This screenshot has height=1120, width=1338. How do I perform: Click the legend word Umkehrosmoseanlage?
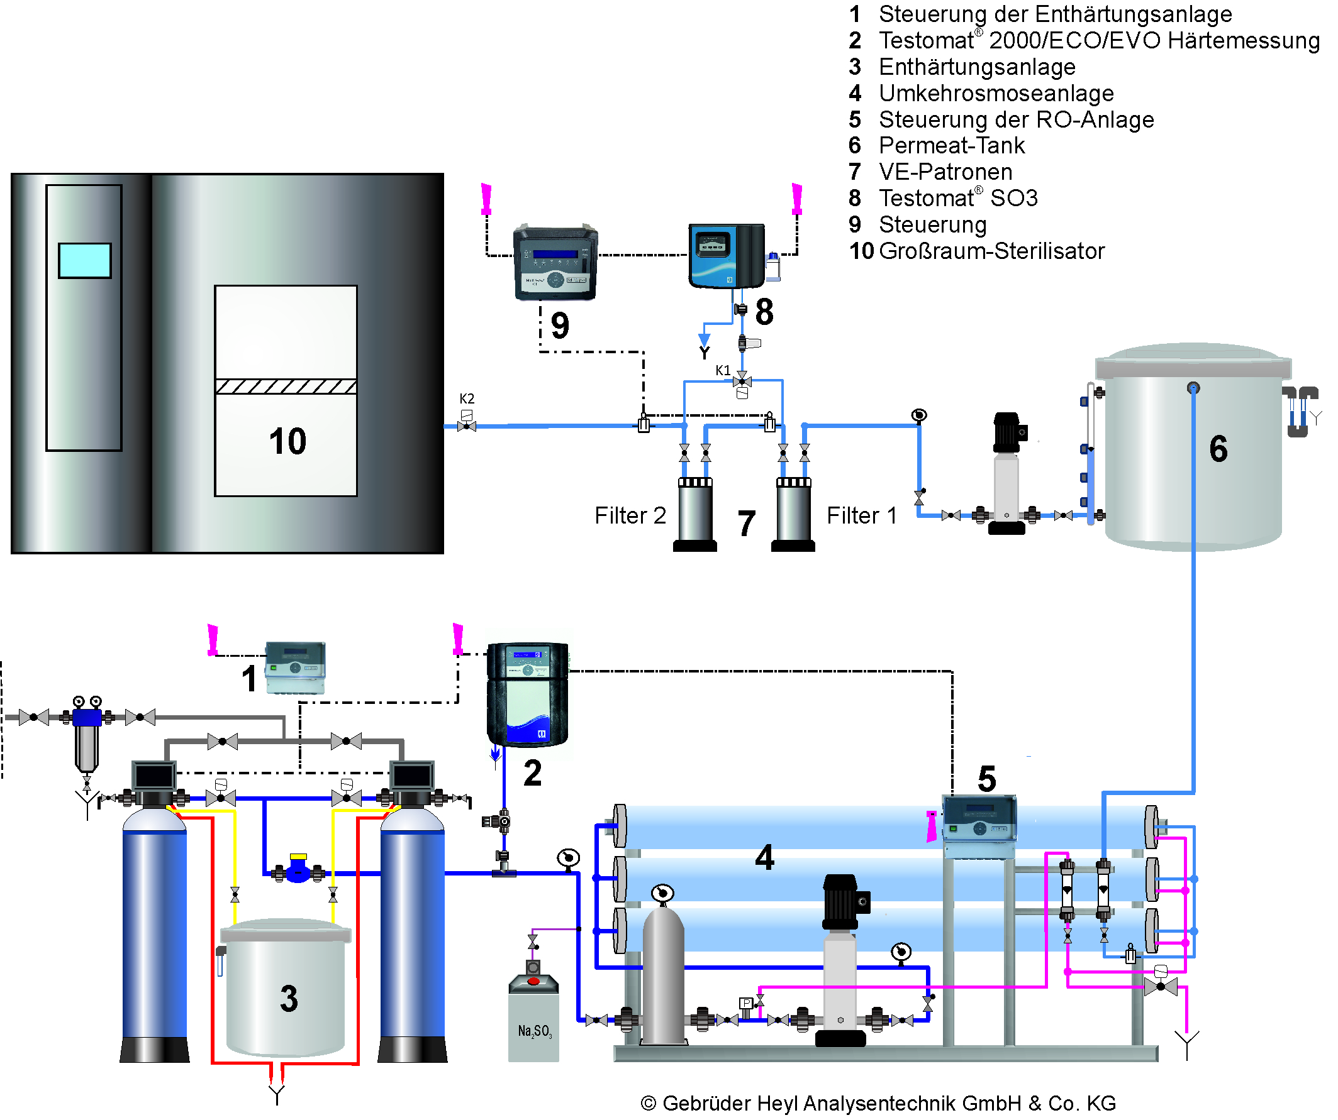(x=996, y=94)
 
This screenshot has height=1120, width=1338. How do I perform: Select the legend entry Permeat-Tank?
(x=951, y=146)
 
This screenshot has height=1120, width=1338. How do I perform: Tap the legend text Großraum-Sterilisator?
(x=991, y=251)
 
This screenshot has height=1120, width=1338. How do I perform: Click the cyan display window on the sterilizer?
(x=85, y=260)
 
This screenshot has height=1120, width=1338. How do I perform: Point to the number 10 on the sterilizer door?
(x=287, y=441)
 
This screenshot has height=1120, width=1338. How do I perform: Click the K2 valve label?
(x=466, y=398)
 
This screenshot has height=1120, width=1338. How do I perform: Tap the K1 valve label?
(x=723, y=371)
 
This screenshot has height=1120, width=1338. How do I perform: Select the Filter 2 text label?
(x=630, y=515)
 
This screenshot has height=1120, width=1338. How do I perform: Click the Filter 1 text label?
(x=861, y=515)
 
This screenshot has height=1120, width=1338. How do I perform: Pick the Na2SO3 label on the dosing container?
(x=535, y=1031)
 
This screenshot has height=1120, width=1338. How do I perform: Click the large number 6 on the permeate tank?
(x=1218, y=448)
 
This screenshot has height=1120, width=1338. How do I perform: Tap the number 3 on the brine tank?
(x=289, y=999)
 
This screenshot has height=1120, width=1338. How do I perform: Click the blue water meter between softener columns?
(x=298, y=870)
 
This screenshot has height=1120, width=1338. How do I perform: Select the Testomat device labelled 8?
(x=727, y=256)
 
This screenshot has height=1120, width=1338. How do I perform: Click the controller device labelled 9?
(x=555, y=262)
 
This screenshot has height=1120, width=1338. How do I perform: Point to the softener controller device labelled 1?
(x=295, y=667)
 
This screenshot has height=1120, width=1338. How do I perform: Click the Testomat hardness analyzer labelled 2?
(x=527, y=693)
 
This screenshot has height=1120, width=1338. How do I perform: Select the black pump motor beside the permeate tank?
(x=1006, y=433)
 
